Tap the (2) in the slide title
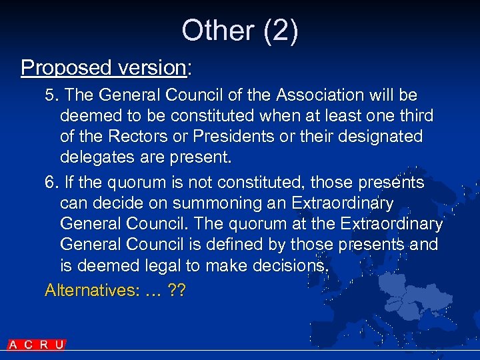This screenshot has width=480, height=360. pos(281,31)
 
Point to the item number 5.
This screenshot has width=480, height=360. pos(51,95)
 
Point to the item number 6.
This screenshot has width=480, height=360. pos(51,183)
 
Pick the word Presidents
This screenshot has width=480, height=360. pos(244,137)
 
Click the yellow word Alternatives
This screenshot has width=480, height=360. pos(86,290)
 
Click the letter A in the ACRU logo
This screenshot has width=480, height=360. pos(13,345)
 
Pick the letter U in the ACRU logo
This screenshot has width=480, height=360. pos(59,345)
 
